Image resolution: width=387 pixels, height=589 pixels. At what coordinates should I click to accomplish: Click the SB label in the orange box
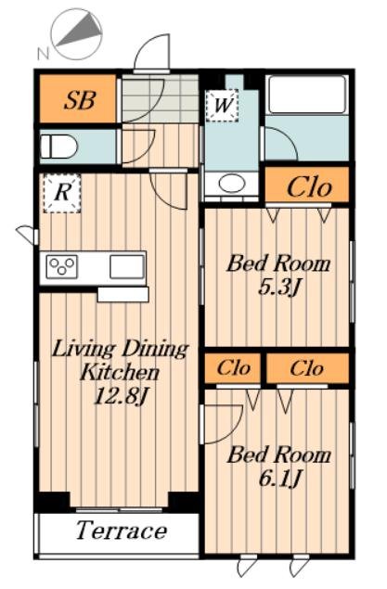pos(80,100)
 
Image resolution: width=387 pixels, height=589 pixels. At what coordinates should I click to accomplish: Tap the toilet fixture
pos(58,147)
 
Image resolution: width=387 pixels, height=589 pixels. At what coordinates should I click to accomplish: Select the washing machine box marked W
pos(222,105)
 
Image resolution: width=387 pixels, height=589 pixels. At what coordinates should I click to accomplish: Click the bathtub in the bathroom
pos(307,95)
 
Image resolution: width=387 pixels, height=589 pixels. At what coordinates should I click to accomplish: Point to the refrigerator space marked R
pos(62,194)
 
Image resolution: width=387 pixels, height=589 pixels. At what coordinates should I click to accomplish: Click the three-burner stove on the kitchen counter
pos(62,266)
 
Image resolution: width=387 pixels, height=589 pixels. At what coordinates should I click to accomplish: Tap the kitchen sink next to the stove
pos(127,266)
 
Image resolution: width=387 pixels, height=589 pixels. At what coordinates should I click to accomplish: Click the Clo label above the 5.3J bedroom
pos(309,187)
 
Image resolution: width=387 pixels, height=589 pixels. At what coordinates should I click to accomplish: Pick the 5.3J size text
pos(279,288)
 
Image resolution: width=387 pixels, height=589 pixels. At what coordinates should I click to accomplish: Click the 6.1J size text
pos(280,479)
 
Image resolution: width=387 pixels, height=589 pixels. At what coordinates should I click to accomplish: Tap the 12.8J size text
pos(120,396)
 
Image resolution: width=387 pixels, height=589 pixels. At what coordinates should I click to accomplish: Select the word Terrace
pos(122,531)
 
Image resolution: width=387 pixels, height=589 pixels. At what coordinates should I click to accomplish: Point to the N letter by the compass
pos(44,54)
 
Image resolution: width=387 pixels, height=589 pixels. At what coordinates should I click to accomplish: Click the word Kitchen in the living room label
pos(120,372)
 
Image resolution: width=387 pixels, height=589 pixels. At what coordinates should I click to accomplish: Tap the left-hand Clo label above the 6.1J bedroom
pos(233,368)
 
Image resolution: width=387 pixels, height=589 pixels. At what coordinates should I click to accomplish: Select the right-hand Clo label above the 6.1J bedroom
pos(307,368)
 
